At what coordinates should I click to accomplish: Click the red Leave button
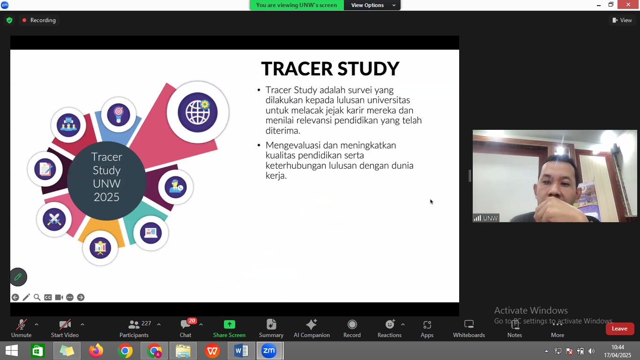[619, 329]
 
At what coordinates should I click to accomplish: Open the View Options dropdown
[372, 5]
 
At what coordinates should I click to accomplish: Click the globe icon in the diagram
[197, 112]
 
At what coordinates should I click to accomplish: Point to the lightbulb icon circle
[119, 115]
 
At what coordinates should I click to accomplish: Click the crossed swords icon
[54, 219]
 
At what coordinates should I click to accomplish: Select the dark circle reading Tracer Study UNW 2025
[106, 181]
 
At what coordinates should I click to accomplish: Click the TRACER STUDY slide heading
[330, 68]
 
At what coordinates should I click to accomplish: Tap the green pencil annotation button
[18, 277]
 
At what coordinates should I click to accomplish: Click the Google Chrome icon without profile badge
[125, 351]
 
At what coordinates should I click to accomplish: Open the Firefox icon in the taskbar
[96, 351]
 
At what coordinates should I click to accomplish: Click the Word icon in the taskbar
[241, 351]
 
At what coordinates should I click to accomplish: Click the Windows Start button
[12, 351]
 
